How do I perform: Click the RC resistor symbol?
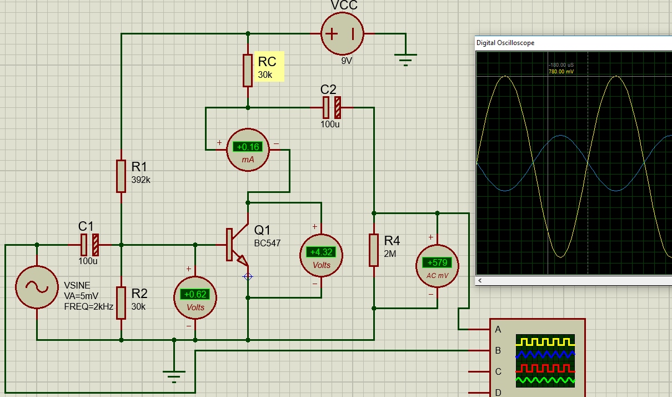pyautogui.click(x=248, y=71)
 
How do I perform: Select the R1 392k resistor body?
pyautogui.click(x=121, y=176)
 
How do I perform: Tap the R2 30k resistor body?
pyautogui.click(x=121, y=302)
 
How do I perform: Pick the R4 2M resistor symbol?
pyautogui.click(x=374, y=250)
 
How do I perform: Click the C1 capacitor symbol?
pyautogui.click(x=89, y=244)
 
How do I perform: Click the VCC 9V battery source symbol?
pyautogui.click(x=342, y=34)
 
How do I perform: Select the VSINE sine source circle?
pyautogui.click(x=37, y=287)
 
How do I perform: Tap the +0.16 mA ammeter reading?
pyautogui.click(x=248, y=147)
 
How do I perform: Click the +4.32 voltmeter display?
pyautogui.click(x=322, y=251)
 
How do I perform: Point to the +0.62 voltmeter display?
pyautogui.click(x=195, y=294)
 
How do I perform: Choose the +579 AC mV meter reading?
pyautogui.click(x=437, y=262)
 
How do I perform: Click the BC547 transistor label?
pyautogui.click(x=268, y=243)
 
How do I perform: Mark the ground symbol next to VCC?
pyautogui.click(x=405, y=57)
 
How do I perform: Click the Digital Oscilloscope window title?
pyautogui.click(x=505, y=43)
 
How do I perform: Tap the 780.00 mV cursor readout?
pyautogui.click(x=561, y=72)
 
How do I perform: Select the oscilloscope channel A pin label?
pyautogui.click(x=498, y=329)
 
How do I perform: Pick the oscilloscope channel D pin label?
pyautogui.click(x=498, y=393)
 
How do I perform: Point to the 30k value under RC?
pyautogui.click(x=265, y=75)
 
